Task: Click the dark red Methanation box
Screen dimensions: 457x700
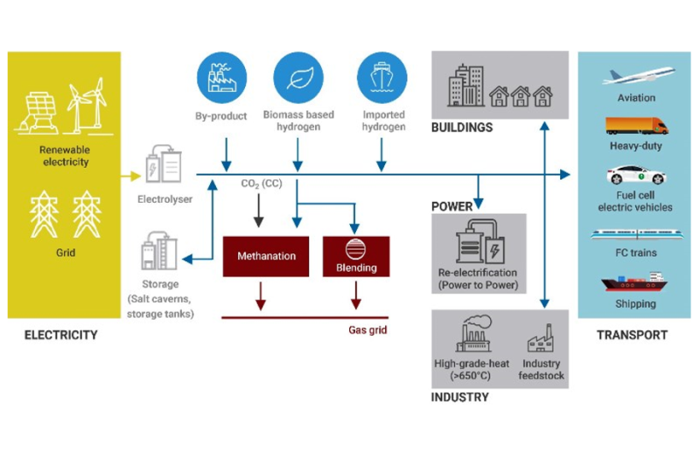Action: click(266, 256)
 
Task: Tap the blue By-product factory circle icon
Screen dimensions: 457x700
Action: click(220, 78)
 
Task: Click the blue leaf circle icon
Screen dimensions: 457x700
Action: click(298, 78)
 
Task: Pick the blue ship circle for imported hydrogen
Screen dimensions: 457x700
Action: click(382, 78)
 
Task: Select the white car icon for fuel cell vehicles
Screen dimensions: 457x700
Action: click(635, 175)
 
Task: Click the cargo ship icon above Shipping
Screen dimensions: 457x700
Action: click(633, 283)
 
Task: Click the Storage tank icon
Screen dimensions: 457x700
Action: click(160, 252)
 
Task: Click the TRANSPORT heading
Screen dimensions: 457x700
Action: click(632, 335)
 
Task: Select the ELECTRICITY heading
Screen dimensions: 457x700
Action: click(61, 335)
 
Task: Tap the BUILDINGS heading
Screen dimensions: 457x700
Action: click(462, 128)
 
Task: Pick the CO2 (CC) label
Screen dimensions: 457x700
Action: click(259, 184)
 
